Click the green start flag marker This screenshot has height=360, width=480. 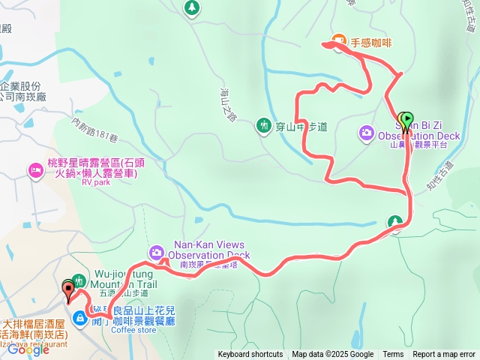[x=406, y=121]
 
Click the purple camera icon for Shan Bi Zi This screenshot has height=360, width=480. [x=366, y=133]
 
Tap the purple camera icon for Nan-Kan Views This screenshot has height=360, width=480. [x=156, y=251]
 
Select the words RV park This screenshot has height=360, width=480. [x=96, y=182]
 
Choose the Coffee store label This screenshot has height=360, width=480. [x=133, y=329]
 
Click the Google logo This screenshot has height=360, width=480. [x=28, y=349]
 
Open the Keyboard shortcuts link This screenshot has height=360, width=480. [x=250, y=355]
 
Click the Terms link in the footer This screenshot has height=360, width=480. [x=393, y=355]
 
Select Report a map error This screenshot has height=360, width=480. [x=445, y=355]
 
